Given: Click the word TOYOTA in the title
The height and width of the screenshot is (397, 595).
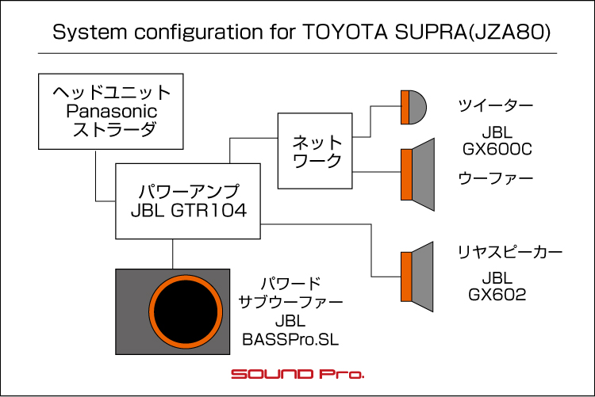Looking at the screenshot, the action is coord(346,32).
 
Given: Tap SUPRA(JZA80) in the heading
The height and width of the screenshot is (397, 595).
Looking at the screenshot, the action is coord(473,32).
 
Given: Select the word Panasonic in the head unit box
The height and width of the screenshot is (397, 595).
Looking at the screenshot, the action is coord(112,112).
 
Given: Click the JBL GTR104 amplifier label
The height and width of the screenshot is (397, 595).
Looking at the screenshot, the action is coord(189,211).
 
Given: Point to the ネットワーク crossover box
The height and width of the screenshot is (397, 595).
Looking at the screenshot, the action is coord(315,151).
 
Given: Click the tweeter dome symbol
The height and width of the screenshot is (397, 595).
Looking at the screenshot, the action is coord(413,107).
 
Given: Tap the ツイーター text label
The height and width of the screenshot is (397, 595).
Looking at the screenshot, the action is coord(496,105).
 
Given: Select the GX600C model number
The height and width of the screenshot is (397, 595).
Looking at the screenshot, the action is coord(497,149).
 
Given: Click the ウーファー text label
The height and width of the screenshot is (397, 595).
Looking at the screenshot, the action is coord(496,178).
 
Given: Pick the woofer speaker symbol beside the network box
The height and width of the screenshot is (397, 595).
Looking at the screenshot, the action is coord(418,174).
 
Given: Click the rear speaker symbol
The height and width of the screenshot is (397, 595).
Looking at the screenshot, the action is coord(417,277).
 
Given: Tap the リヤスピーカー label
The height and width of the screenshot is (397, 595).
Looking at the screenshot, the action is coord(510,252).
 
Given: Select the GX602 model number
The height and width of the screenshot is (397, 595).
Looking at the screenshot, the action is coord(497,295).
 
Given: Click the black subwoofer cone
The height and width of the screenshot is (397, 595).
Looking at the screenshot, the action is coord(186,311).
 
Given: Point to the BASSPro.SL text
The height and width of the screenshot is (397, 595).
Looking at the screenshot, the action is coord(290,339).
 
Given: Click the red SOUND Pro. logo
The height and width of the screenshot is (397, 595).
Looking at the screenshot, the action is coord(297,374).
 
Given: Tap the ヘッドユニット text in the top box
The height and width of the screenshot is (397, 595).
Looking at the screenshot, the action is coord(112,93).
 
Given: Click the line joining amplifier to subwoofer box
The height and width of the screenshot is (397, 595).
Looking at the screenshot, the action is coord(173,254).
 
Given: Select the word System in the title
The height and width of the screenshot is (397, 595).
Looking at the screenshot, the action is coord(90,32).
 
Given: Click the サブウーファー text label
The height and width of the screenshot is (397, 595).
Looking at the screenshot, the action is coord(290,302).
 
